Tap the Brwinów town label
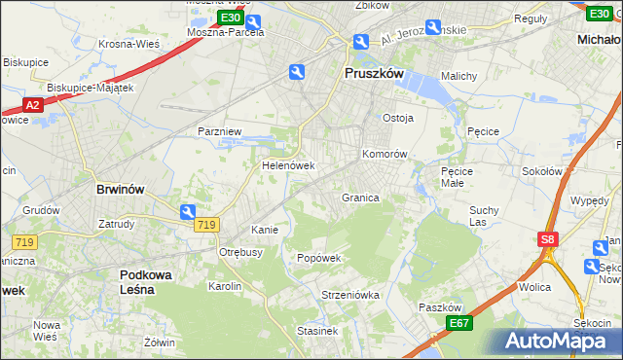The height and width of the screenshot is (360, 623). pos(120,190)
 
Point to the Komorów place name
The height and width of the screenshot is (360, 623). pos(384,154)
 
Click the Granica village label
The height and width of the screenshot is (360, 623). pos(359,198)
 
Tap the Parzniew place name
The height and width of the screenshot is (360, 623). pos(220,130)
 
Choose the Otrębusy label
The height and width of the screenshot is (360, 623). pos(240,252)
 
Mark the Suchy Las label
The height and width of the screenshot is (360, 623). pos(484,215)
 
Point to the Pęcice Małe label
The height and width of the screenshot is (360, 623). pos(457,176)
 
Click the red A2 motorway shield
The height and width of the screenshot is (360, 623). pos(32,105)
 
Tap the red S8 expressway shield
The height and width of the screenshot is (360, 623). pos(548,237)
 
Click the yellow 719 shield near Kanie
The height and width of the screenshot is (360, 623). pos(205,225)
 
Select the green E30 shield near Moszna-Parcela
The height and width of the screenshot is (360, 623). pos(231,18)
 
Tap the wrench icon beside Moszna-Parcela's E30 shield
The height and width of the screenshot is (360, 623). pos(253,21)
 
